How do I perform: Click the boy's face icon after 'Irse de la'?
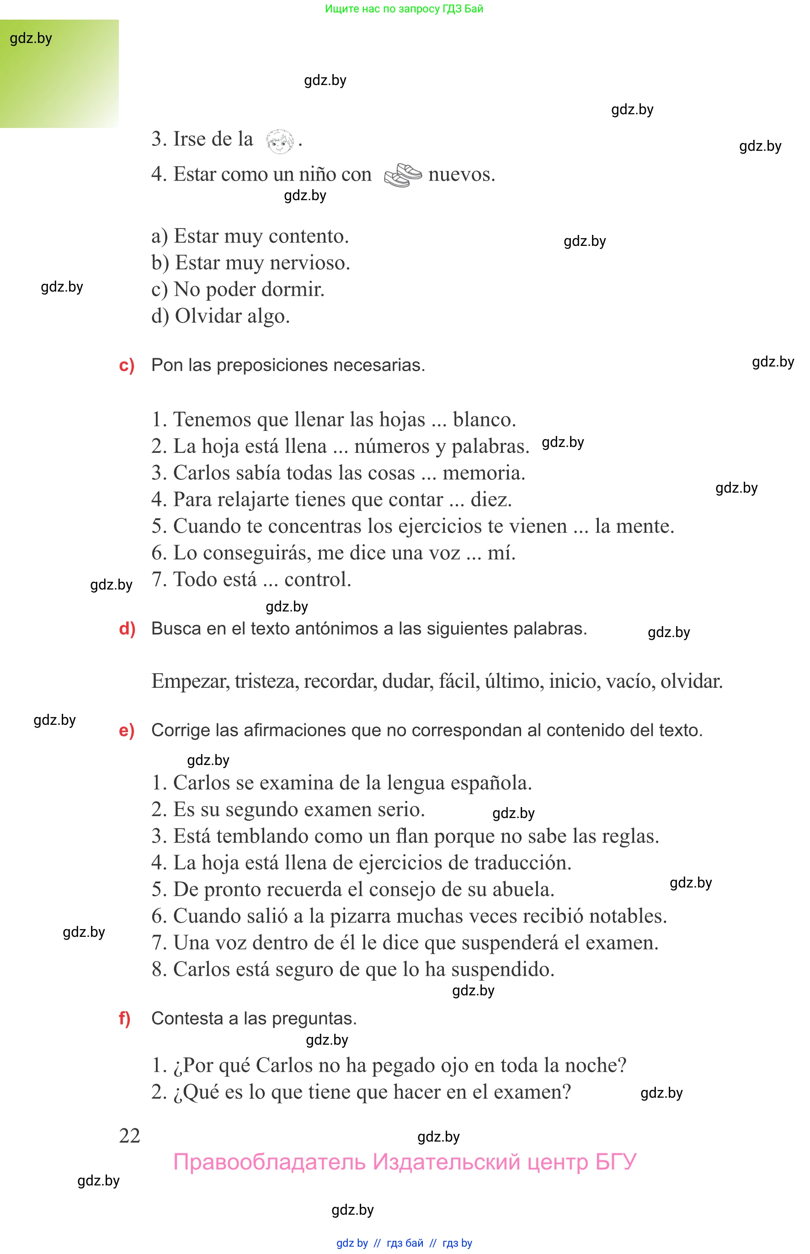point(279,141)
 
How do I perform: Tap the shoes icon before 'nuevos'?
point(402,175)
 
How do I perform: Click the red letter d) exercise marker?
point(127,628)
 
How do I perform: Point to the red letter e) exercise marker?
point(126,730)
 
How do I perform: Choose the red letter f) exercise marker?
point(125,1019)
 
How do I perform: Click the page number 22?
point(129,1136)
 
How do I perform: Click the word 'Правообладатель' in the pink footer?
point(269,1162)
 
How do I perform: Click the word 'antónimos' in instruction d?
point(341,628)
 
